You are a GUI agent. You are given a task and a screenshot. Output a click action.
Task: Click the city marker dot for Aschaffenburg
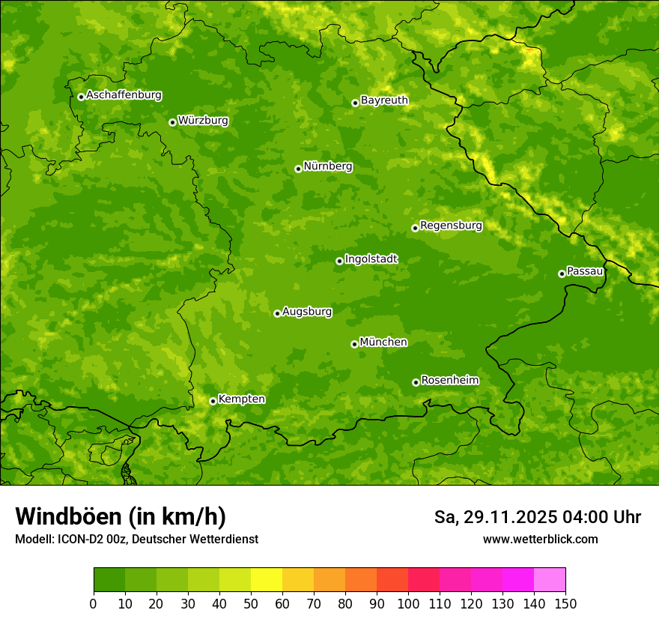[81, 97]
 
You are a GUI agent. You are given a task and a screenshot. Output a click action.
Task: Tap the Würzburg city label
[203, 121]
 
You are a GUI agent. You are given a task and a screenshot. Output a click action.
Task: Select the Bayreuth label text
[384, 100]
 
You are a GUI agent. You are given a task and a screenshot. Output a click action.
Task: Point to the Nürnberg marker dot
[298, 169]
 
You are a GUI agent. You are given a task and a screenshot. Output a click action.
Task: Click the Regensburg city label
[451, 226]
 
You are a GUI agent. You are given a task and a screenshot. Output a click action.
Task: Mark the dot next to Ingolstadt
[339, 262]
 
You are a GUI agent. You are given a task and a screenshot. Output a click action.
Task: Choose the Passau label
[585, 271]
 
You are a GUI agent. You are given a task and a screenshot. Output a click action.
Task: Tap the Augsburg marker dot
[277, 313]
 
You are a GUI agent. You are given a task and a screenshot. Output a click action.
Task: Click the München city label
[383, 342]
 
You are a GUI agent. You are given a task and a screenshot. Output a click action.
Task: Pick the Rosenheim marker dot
[416, 383]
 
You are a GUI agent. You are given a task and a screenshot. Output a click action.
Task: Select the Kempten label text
[241, 399]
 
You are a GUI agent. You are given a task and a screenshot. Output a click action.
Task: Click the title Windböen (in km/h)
[120, 516]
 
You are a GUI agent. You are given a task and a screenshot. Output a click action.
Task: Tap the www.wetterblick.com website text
[540, 539]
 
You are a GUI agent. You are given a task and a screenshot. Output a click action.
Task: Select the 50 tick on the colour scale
[251, 604]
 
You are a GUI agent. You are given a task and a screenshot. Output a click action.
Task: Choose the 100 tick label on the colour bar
[408, 604]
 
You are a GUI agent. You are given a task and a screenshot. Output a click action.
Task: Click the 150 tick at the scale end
[565, 604]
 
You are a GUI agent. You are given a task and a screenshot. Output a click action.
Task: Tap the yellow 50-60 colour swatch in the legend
[267, 580]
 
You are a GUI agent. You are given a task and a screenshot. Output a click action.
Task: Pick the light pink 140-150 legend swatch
[550, 580]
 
